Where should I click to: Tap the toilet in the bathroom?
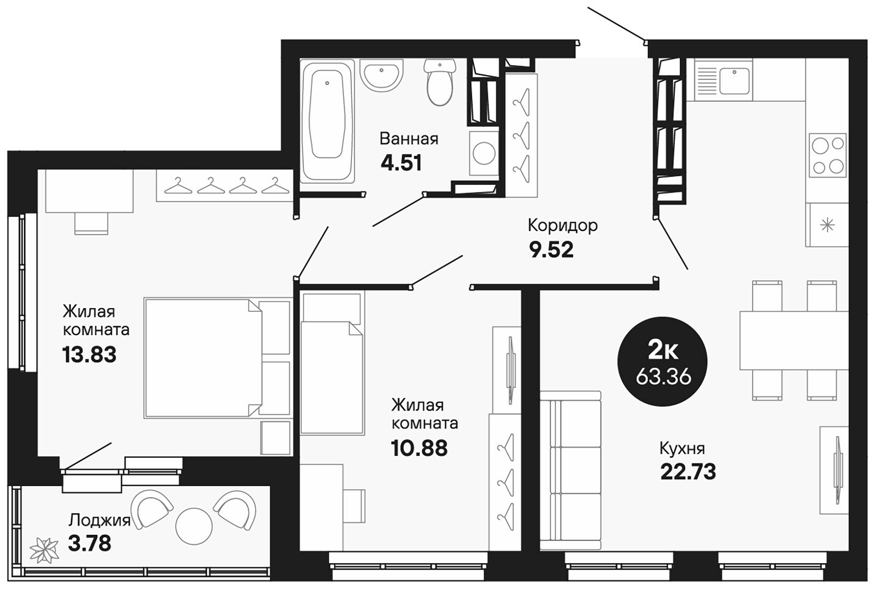pos(440,83)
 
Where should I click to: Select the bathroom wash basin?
pos(381,75)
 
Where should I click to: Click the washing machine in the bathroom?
pos(484,153)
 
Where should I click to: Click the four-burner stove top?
pos(827,155)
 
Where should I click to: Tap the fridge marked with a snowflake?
pos(827,226)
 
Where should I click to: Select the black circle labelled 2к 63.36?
pos(662,361)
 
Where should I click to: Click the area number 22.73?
pos(688,472)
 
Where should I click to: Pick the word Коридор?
pos(563,225)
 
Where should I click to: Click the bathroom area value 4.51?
pos(401,163)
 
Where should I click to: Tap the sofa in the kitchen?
pos(570,471)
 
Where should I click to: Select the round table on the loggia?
pos(194,526)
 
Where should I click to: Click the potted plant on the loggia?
pos(44,551)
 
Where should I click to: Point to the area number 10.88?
pos(419,448)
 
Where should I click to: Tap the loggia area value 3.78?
pos(89,544)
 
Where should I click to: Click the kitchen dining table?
pos(793,340)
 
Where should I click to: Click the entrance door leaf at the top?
pos(616,24)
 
